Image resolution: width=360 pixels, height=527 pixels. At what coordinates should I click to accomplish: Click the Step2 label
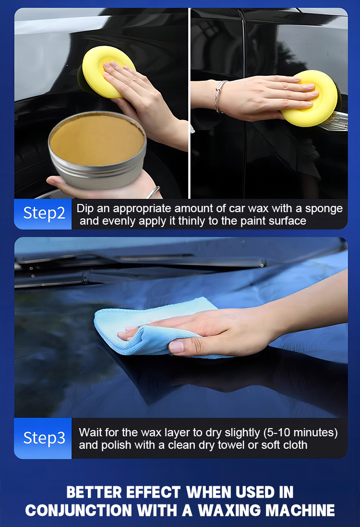(x=44, y=213)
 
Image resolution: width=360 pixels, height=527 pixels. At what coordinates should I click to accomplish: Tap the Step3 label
(x=44, y=438)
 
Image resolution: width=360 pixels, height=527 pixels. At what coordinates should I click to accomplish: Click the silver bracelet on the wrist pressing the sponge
(x=219, y=96)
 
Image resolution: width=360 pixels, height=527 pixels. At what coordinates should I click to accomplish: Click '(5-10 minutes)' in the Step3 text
(x=300, y=432)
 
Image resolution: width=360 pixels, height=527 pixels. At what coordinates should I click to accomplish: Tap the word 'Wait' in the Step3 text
(x=90, y=432)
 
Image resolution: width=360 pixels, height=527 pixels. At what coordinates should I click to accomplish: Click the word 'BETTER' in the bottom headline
(x=94, y=492)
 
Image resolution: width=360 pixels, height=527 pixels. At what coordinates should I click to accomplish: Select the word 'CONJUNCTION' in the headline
(x=78, y=510)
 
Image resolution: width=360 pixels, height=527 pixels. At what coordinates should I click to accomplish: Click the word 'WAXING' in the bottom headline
(x=228, y=510)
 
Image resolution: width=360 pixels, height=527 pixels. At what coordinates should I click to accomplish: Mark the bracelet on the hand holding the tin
(x=153, y=192)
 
